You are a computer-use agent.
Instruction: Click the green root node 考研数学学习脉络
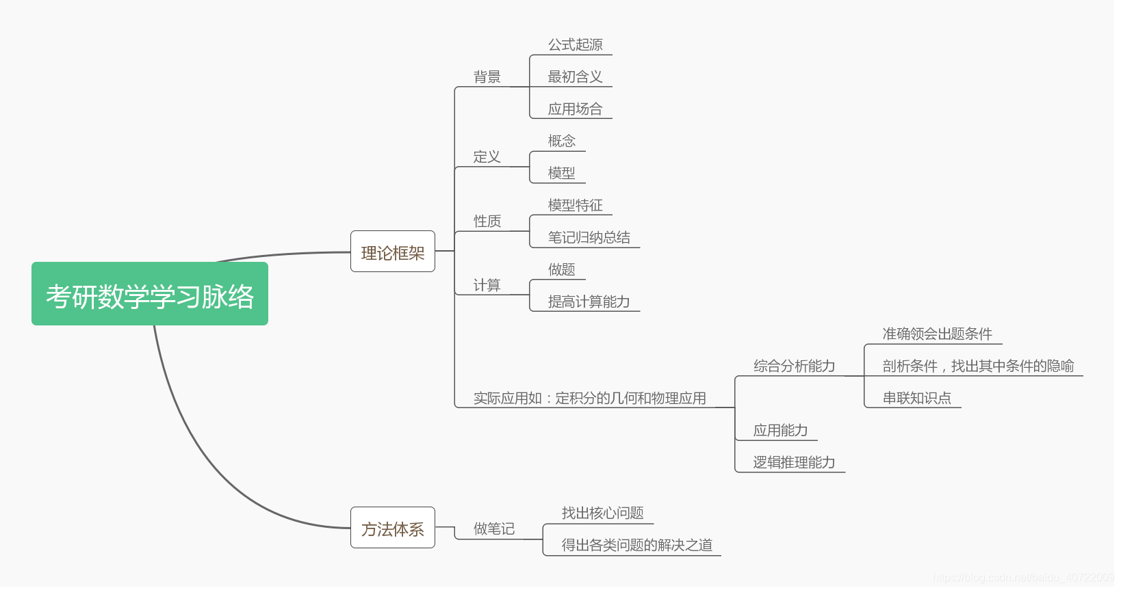[150, 294]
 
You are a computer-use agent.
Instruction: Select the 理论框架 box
[393, 252]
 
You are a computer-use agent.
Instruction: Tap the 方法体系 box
[393, 528]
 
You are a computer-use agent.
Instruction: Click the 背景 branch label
[487, 77]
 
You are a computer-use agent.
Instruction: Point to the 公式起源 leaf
[575, 45]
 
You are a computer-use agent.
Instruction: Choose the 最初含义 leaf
[575, 77]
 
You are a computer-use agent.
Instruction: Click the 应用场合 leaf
[575, 109]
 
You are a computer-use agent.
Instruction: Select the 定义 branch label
[487, 157]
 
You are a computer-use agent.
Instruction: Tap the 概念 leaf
[562, 141]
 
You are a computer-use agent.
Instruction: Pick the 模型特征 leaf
[575, 205]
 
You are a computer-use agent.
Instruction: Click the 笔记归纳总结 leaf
[589, 237]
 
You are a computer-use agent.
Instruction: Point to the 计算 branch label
[487, 285]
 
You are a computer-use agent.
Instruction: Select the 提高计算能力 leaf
[589, 301]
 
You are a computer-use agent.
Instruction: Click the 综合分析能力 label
[794, 366]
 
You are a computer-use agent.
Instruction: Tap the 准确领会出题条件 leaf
[937, 334]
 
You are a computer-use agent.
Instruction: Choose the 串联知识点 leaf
[916, 398]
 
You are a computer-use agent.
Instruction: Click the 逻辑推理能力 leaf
[794, 462]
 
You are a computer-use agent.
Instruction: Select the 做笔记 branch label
[494, 528]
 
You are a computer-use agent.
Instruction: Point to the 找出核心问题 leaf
[602, 513]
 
